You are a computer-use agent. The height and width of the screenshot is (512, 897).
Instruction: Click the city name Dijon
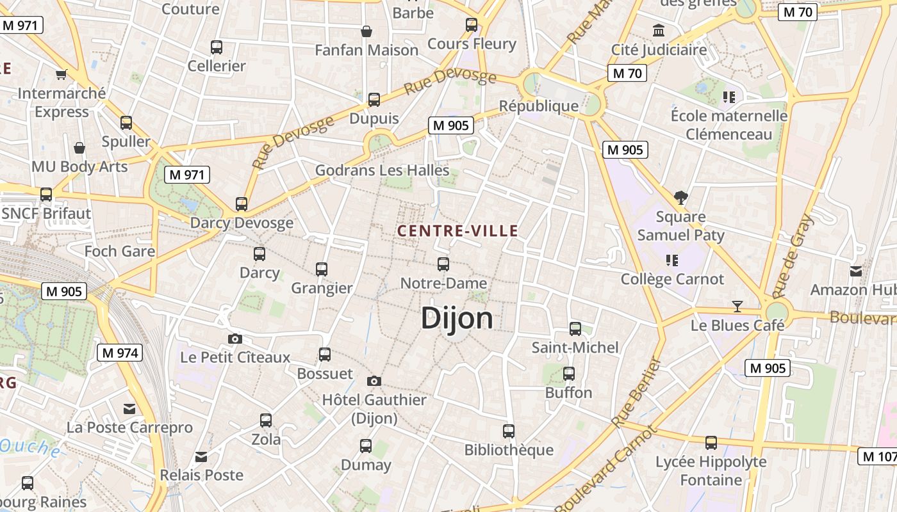pyautogui.click(x=457, y=318)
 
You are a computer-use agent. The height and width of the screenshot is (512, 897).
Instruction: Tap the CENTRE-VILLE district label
pyautogui.click(x=457, y=231)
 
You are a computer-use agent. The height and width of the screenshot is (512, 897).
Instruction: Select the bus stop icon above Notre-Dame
pyautogui.click(x=443, y=264)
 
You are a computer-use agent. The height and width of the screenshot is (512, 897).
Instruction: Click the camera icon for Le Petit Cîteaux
pyautogui.click(x=235, y=339)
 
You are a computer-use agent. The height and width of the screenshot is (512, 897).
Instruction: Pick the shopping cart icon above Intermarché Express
pyautogui.click(x=62, y=75)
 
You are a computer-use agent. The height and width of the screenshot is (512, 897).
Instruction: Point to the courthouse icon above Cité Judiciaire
pyautogui.click(x=659, y=30)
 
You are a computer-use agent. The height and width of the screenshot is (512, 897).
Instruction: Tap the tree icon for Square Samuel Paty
pyautogui.click(x=680, y=198)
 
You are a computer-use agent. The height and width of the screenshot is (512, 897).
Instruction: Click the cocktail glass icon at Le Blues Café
pyautogui.click(x=737, y=307)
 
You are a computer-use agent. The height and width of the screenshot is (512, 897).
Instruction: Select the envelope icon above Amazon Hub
pyautogui.click(x=856, y=271)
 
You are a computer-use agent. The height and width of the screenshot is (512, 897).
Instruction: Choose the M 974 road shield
pyautogui.click(x=120, y=353)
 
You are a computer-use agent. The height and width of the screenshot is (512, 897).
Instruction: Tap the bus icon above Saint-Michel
pyautogui.click(x=575, y=329)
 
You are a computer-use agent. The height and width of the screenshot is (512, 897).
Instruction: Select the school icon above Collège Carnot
pyautogui.click(x=672, y=260)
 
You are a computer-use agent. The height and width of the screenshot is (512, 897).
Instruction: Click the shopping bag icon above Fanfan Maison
pyautogui.click(x=366, y=31)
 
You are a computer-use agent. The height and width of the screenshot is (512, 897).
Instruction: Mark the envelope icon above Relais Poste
pyautogui.click(x=201, y=457)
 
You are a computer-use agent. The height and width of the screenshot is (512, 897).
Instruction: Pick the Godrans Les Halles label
pyautogui.click(x=382, y=171)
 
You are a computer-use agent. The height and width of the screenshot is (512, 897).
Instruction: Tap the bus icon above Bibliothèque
pyautogui.click(x=509, y=431)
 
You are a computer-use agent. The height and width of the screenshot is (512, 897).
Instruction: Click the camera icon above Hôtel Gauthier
pyautogui.click(x=374, y=381)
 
